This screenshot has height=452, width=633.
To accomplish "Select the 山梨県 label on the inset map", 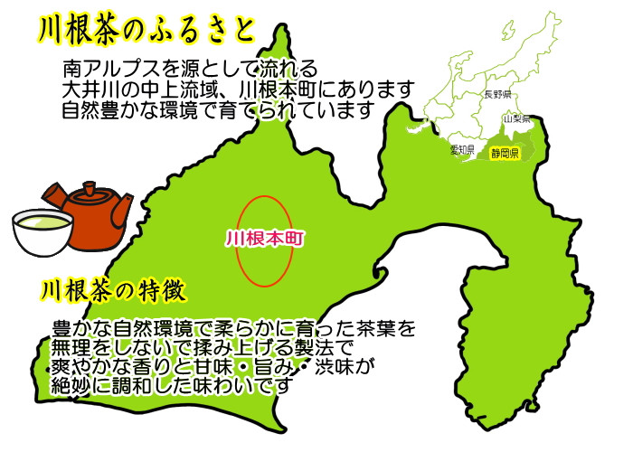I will pyautogui.click(x=516, y=118).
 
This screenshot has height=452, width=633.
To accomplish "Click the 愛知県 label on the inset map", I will pyautogui.click(x=463, y=150).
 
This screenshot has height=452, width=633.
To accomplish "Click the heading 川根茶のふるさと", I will pyautogui.click(x=146, y=29).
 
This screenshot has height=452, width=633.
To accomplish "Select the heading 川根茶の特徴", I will pyautogui.click(x=113, y=291).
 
